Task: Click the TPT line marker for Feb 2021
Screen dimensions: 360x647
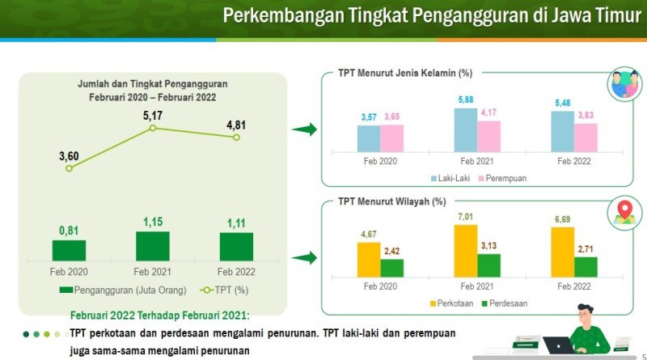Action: [x=153, y=128]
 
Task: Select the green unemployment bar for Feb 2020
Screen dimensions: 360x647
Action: [x=69, y=250]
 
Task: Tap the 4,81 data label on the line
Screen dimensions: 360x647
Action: [x=236, y=125]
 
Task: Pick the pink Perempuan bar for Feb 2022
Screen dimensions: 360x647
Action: [x=586, y=138]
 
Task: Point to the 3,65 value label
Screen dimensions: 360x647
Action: [x=391, y=117]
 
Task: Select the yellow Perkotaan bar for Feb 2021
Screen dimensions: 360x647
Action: [x=466, y=252]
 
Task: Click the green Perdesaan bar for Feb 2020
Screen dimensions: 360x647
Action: [x=391, y=268]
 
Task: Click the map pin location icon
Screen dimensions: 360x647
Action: [x=623, y=212]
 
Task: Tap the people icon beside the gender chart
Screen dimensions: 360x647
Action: [x=623, y=85]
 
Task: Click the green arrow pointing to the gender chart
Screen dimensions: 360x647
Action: [x=303, y=129]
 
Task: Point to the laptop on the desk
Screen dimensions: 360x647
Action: [x=559, y=345]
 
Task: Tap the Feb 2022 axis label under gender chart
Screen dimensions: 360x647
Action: [x=573, y=161]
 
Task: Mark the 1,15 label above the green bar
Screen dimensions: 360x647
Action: [x=153, y=221]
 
